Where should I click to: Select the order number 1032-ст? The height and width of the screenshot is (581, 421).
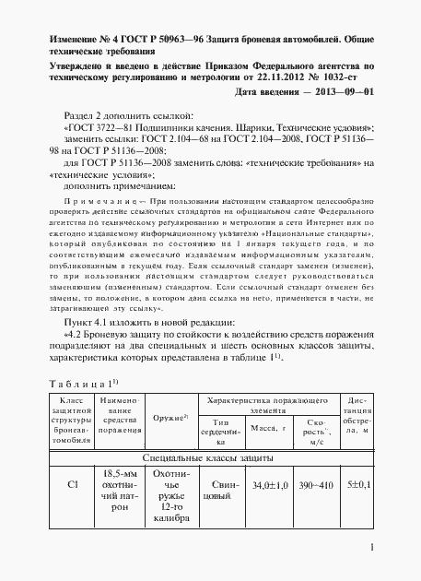(350, 78)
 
